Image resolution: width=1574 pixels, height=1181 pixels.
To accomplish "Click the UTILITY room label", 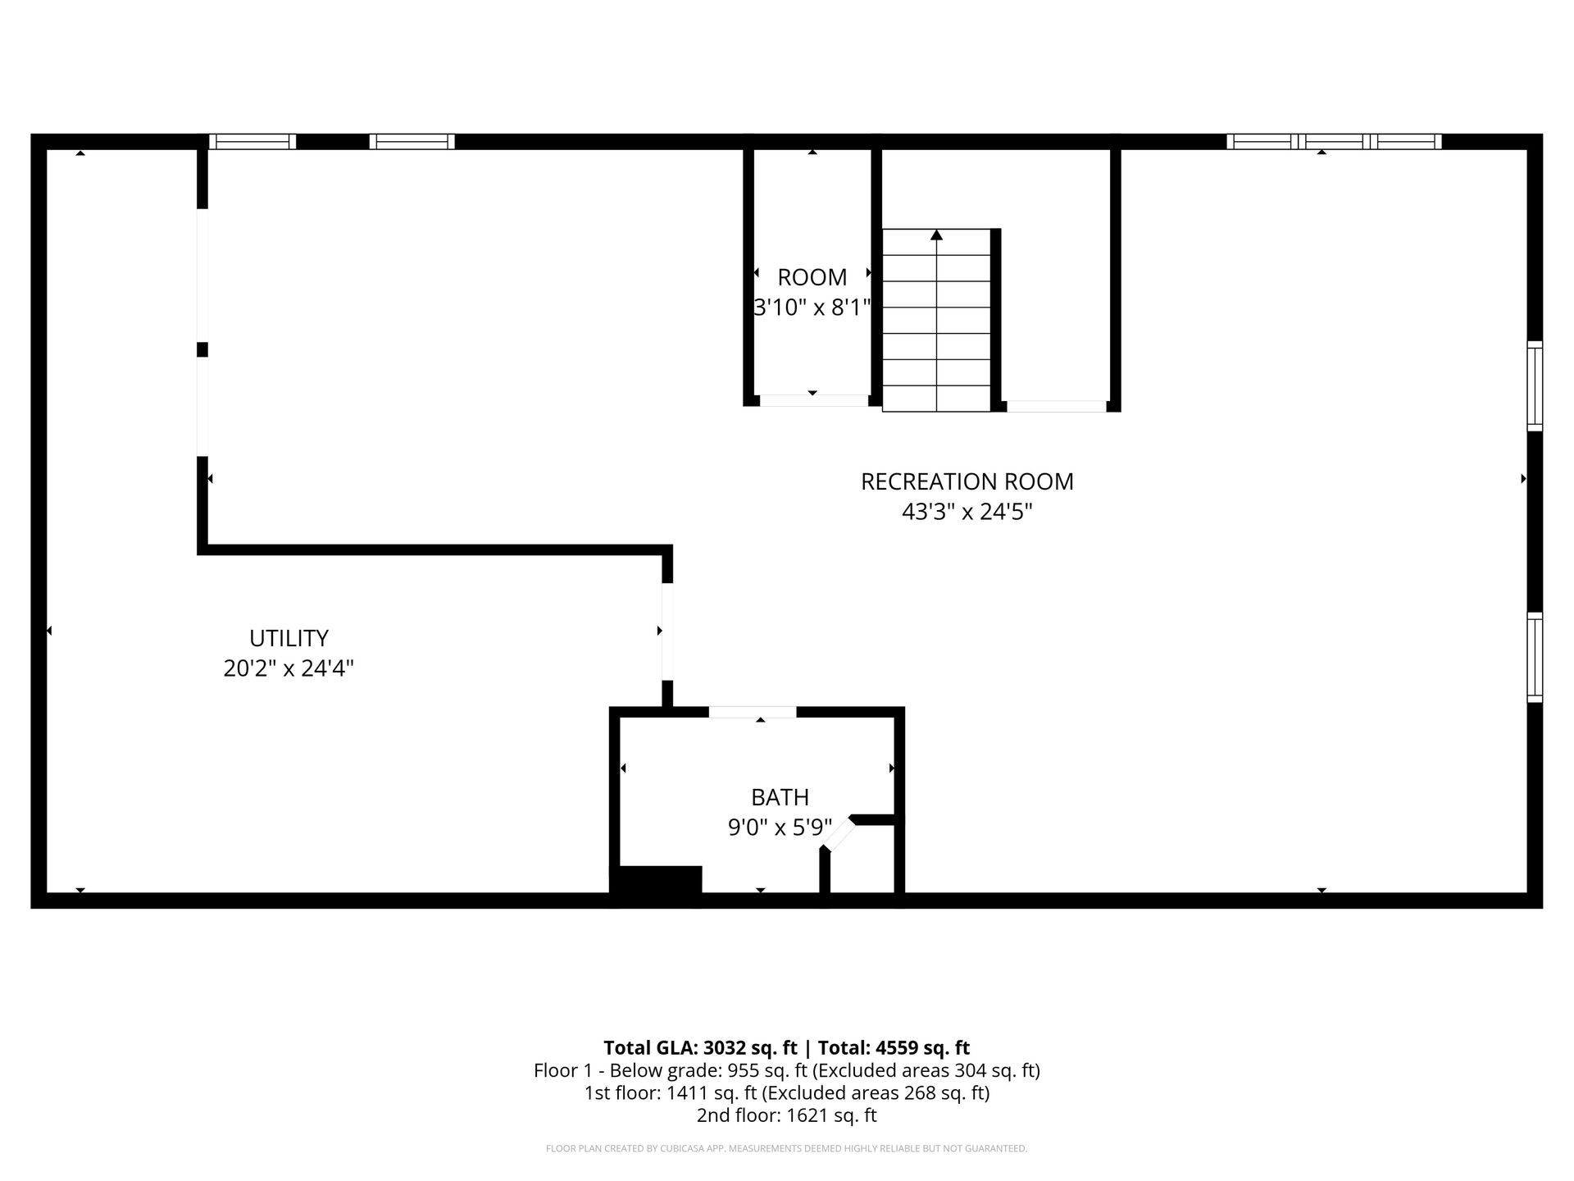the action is pyautogui.click(x=289, y=638).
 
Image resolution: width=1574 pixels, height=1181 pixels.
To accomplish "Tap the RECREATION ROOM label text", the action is pyautogui.click(x=967, y=481).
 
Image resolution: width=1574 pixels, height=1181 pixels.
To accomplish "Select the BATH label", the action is pyautogui.click(x=780, y=797).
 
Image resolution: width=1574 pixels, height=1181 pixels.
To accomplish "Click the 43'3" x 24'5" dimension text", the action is pyautogui.click(x=967, y=512).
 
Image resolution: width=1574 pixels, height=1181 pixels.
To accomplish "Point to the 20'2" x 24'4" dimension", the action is pyautogui.click(x=289, y=668).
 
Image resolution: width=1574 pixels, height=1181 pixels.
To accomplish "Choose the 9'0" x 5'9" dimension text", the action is pyautogui.click(x=780, y=827).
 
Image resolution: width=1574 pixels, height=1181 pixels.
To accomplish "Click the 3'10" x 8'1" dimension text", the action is pyautogui.click(x=812, y=308).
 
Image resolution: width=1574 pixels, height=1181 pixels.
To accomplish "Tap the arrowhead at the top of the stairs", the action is pyautogui.click(x=936, y=235).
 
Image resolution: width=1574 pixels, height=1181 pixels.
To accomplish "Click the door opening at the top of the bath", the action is pyautogui.click(x=753, y=712).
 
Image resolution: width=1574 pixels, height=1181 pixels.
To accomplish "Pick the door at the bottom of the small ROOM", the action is pyautogui.click(x=814, y=400).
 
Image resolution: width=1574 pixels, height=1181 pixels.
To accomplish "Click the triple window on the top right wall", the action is pyautogui.click(x=1334, y=141).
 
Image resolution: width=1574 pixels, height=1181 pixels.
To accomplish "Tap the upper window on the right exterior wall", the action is pyautogui.click(x=1535, y=385).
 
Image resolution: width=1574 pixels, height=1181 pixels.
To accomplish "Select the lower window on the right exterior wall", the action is pyautogui.click(x=1535, y=657).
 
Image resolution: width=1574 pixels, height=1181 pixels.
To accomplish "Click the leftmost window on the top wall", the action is pyautogui.click(x=252, y=141).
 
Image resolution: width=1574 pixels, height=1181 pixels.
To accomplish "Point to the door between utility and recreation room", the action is pyautogui.click(x=667, y=632).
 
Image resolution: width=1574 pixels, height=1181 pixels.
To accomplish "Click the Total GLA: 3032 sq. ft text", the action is pyautogui.click(x=700, y=1047).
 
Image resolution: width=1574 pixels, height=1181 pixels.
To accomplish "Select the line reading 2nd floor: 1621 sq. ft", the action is pyautogui.click(x=787, y=1115).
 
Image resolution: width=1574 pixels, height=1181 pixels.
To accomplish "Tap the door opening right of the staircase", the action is pyautogui.click(x=1056, y=406).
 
